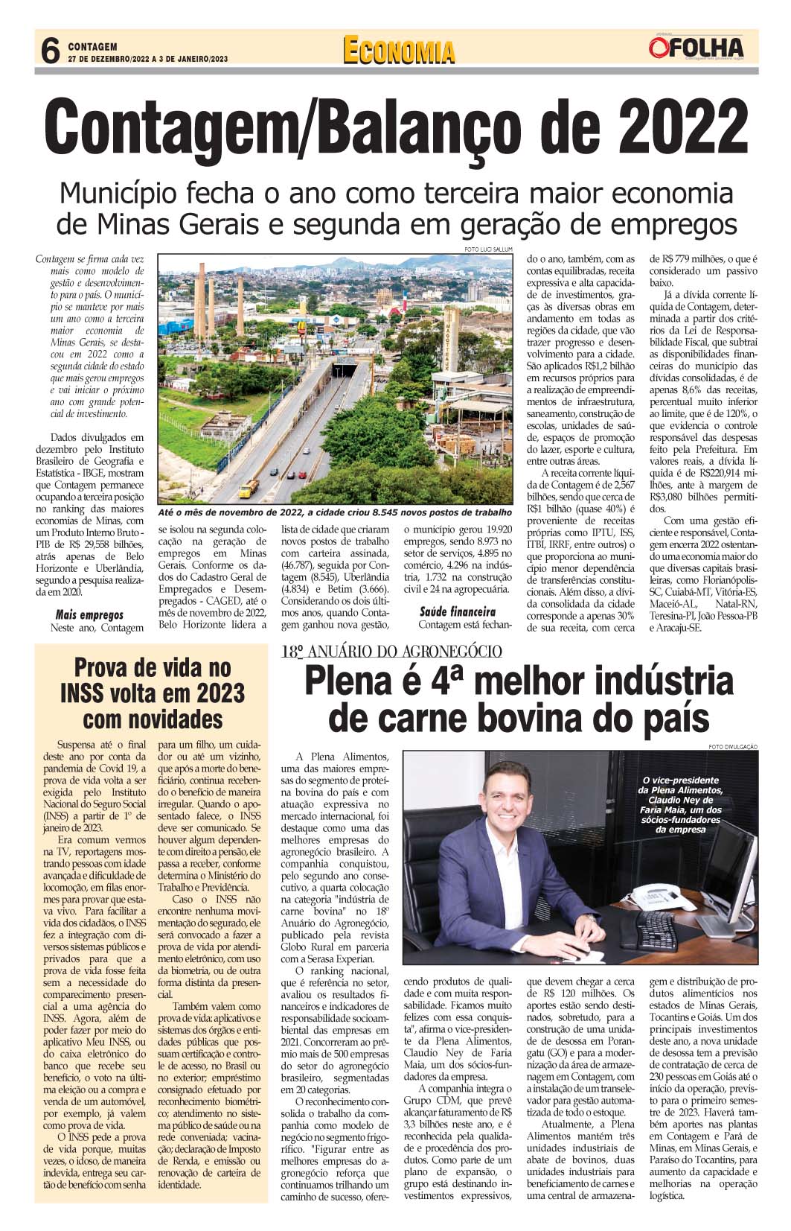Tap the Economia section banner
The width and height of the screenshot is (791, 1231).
(399, 51)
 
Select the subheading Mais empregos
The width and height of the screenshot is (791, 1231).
(89, 614)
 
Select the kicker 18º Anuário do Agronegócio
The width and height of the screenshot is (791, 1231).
(391, 652)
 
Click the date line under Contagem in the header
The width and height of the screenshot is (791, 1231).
(147, 58)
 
